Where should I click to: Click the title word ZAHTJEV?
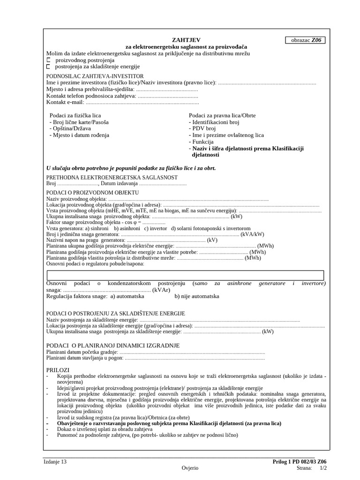coord(186,40)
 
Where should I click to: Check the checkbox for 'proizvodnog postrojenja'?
coord(48,60)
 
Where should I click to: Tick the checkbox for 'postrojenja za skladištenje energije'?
coord(48,67)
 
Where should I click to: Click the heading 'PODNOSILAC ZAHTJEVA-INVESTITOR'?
coord(95,76)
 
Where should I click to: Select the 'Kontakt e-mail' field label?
coord(65,102)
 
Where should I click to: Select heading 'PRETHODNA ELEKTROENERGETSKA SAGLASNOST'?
coord(112,177)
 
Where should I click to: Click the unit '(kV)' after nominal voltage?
coord(212,240)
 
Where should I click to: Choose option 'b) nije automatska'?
coord(196,296)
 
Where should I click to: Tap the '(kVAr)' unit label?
coord(161,290)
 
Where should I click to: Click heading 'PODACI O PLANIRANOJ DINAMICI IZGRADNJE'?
coord(113,345)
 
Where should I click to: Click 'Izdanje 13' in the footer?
coord(55,462)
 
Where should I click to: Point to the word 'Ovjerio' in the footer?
coord(190,468)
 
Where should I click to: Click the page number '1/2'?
coord(323,468)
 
